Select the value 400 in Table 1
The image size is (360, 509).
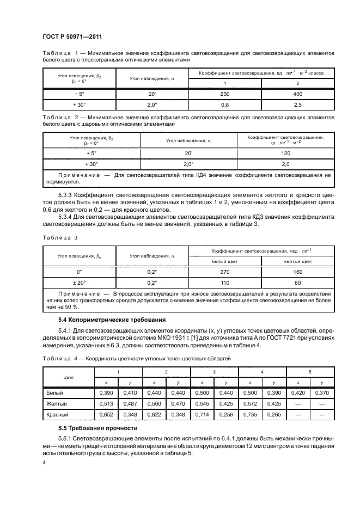(297, 94)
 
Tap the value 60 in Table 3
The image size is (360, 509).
(297, 283)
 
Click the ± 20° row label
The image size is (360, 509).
(80, 283)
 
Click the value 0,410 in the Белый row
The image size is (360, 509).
(130, 392)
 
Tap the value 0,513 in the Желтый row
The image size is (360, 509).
(106, 403)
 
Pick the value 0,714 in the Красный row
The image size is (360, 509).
(203, 415)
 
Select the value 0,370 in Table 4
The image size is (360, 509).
(324, 392)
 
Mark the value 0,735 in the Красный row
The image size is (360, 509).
(251, 415)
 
